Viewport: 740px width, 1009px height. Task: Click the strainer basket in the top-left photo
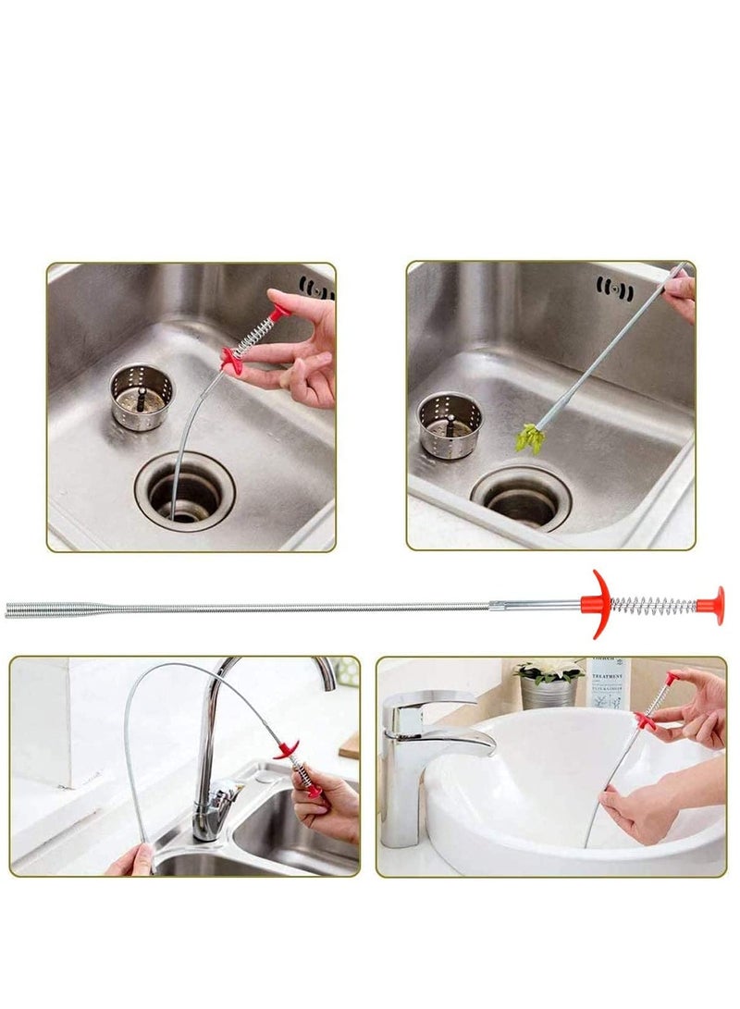(141, 397)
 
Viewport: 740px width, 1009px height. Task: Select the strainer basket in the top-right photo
(450, 425)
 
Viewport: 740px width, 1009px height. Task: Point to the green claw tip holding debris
(530, 437)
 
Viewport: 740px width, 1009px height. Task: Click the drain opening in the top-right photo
(521, 500)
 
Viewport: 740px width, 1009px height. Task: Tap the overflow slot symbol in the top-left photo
(316, 287)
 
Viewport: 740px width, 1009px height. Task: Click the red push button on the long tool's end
(711, 605)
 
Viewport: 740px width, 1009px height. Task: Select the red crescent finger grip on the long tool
(597, 605)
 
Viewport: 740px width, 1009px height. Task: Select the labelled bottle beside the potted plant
(609, 683)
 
